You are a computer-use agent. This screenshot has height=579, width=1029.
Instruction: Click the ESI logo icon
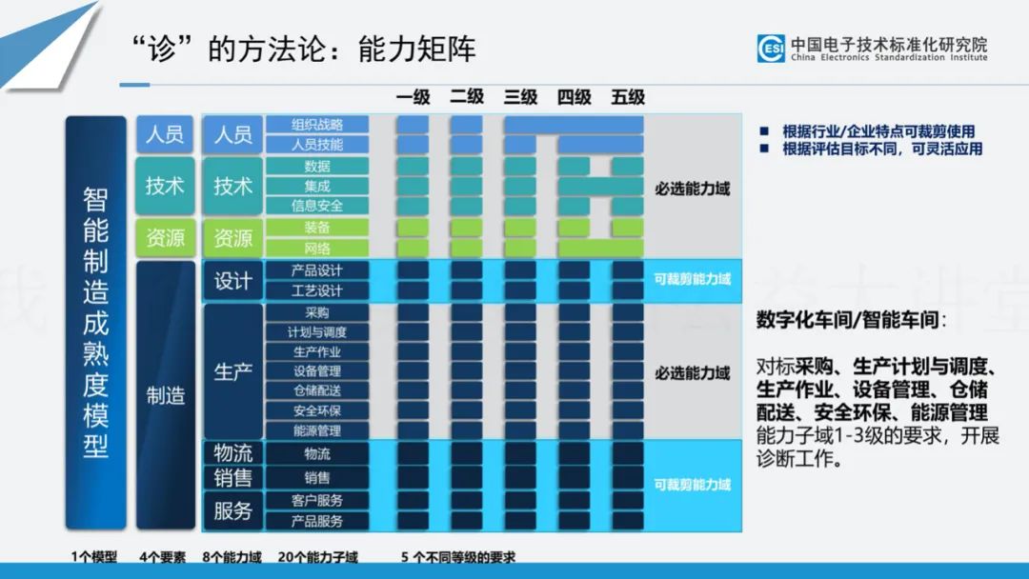[771, 49]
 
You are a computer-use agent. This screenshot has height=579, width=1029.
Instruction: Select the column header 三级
[520, 97]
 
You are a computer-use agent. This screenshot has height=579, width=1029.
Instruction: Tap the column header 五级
[628, 97]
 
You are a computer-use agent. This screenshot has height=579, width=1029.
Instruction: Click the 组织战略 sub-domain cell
[317, 125]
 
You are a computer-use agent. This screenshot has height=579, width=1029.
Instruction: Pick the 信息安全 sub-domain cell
[317, 206]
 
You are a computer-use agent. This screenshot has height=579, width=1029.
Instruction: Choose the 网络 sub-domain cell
[317, 249]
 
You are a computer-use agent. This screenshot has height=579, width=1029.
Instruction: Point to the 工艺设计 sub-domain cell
[317, 290]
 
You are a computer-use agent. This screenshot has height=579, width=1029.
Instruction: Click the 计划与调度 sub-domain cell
[317, 332]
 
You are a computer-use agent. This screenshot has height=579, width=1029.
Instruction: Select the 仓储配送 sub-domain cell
[317, 390]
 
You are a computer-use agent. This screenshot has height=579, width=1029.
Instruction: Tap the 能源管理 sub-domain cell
[317, 430]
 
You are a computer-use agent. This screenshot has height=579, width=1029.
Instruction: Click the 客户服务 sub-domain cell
[317, 500]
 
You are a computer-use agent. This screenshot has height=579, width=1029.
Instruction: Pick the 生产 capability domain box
[233, 371]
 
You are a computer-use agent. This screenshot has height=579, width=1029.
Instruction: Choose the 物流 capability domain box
[233, 453]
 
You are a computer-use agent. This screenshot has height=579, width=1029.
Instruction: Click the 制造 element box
[166, 395]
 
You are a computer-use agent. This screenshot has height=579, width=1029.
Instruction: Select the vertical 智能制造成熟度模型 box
[96, 323]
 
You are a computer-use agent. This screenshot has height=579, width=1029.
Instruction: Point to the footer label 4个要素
[163, 557]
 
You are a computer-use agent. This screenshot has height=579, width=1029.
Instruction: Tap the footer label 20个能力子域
[318, 557]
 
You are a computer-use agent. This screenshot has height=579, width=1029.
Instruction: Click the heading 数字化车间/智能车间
[847, 320]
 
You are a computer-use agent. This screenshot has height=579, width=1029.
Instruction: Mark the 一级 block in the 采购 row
[413, 312]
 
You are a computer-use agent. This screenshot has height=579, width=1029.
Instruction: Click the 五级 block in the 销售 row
[628, 477]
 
